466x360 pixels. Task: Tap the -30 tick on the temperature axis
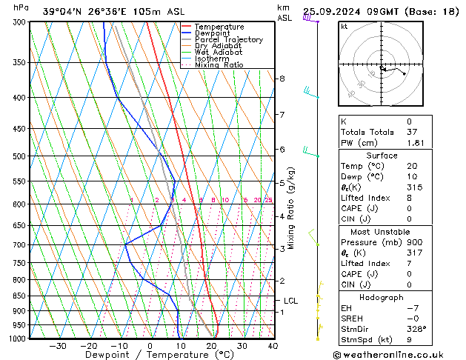coord(58,346)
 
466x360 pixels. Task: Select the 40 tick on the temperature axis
coord(273,346)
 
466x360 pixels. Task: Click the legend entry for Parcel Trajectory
coord(228,40)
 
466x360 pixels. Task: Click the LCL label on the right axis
coord(290,301)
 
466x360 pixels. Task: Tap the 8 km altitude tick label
coord(282,79)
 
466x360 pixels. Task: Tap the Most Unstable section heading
coord(382,232)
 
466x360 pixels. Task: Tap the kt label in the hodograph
coord(344,26)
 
